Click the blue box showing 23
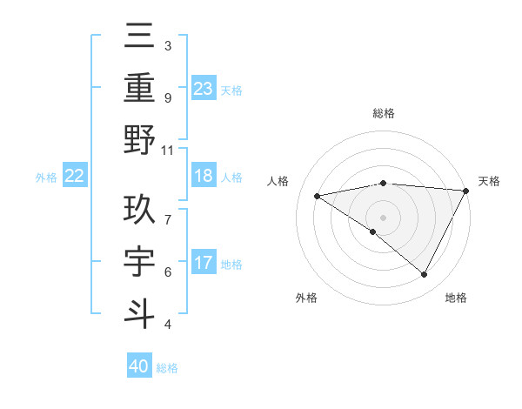tap(204, 88)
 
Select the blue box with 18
tap(204, 176)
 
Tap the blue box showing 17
tap(204, 263)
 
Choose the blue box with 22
tap(75, 176)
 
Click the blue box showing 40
tap(139, 366)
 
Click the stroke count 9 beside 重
tap(168, 97)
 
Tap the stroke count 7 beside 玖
tap(168, 211)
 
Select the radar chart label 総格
tap(383, 113)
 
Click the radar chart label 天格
tap(490, 181)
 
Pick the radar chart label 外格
tap(306, 298)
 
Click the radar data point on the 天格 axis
tap(466, 191)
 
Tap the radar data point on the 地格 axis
tap(425, 275)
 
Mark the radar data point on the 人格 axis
tap(317, 196)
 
